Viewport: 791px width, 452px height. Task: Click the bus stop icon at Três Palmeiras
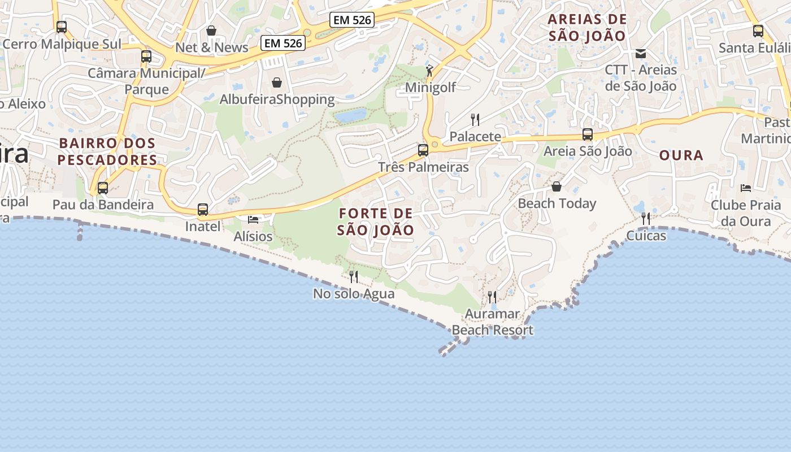pos(423,150)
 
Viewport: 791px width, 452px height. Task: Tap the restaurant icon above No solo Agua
pos(354,276)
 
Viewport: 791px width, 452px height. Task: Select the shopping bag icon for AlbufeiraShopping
pos(277,82)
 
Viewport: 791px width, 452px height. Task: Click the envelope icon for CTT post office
pos(641,54)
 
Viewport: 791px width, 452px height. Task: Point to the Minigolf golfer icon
pos(429,71)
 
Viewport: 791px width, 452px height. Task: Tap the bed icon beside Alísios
pos(253,219)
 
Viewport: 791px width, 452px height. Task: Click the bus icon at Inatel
pos(203,210)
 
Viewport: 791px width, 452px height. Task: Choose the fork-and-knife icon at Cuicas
pos(646,218)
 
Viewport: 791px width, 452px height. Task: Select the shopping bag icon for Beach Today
pos(557,186)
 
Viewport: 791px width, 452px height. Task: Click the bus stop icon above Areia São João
pos(588,134)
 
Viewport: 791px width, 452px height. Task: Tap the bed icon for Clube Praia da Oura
pos(746,188)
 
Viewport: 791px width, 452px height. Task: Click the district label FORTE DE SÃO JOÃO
pos(376,222)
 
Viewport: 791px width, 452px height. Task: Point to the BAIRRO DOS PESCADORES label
pos(107,151)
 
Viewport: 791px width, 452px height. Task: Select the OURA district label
pos(681,155)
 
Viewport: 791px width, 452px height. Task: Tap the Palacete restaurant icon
pos(475,119)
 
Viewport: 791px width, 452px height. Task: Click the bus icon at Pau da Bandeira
pos(103,188)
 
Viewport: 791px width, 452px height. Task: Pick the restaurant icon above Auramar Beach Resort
pos(492,297)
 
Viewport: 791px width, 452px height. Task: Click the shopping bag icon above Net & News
pos(211,31)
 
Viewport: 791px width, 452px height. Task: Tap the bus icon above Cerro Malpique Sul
pos(62,27)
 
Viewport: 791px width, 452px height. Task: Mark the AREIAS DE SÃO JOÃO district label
pos(588,28)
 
